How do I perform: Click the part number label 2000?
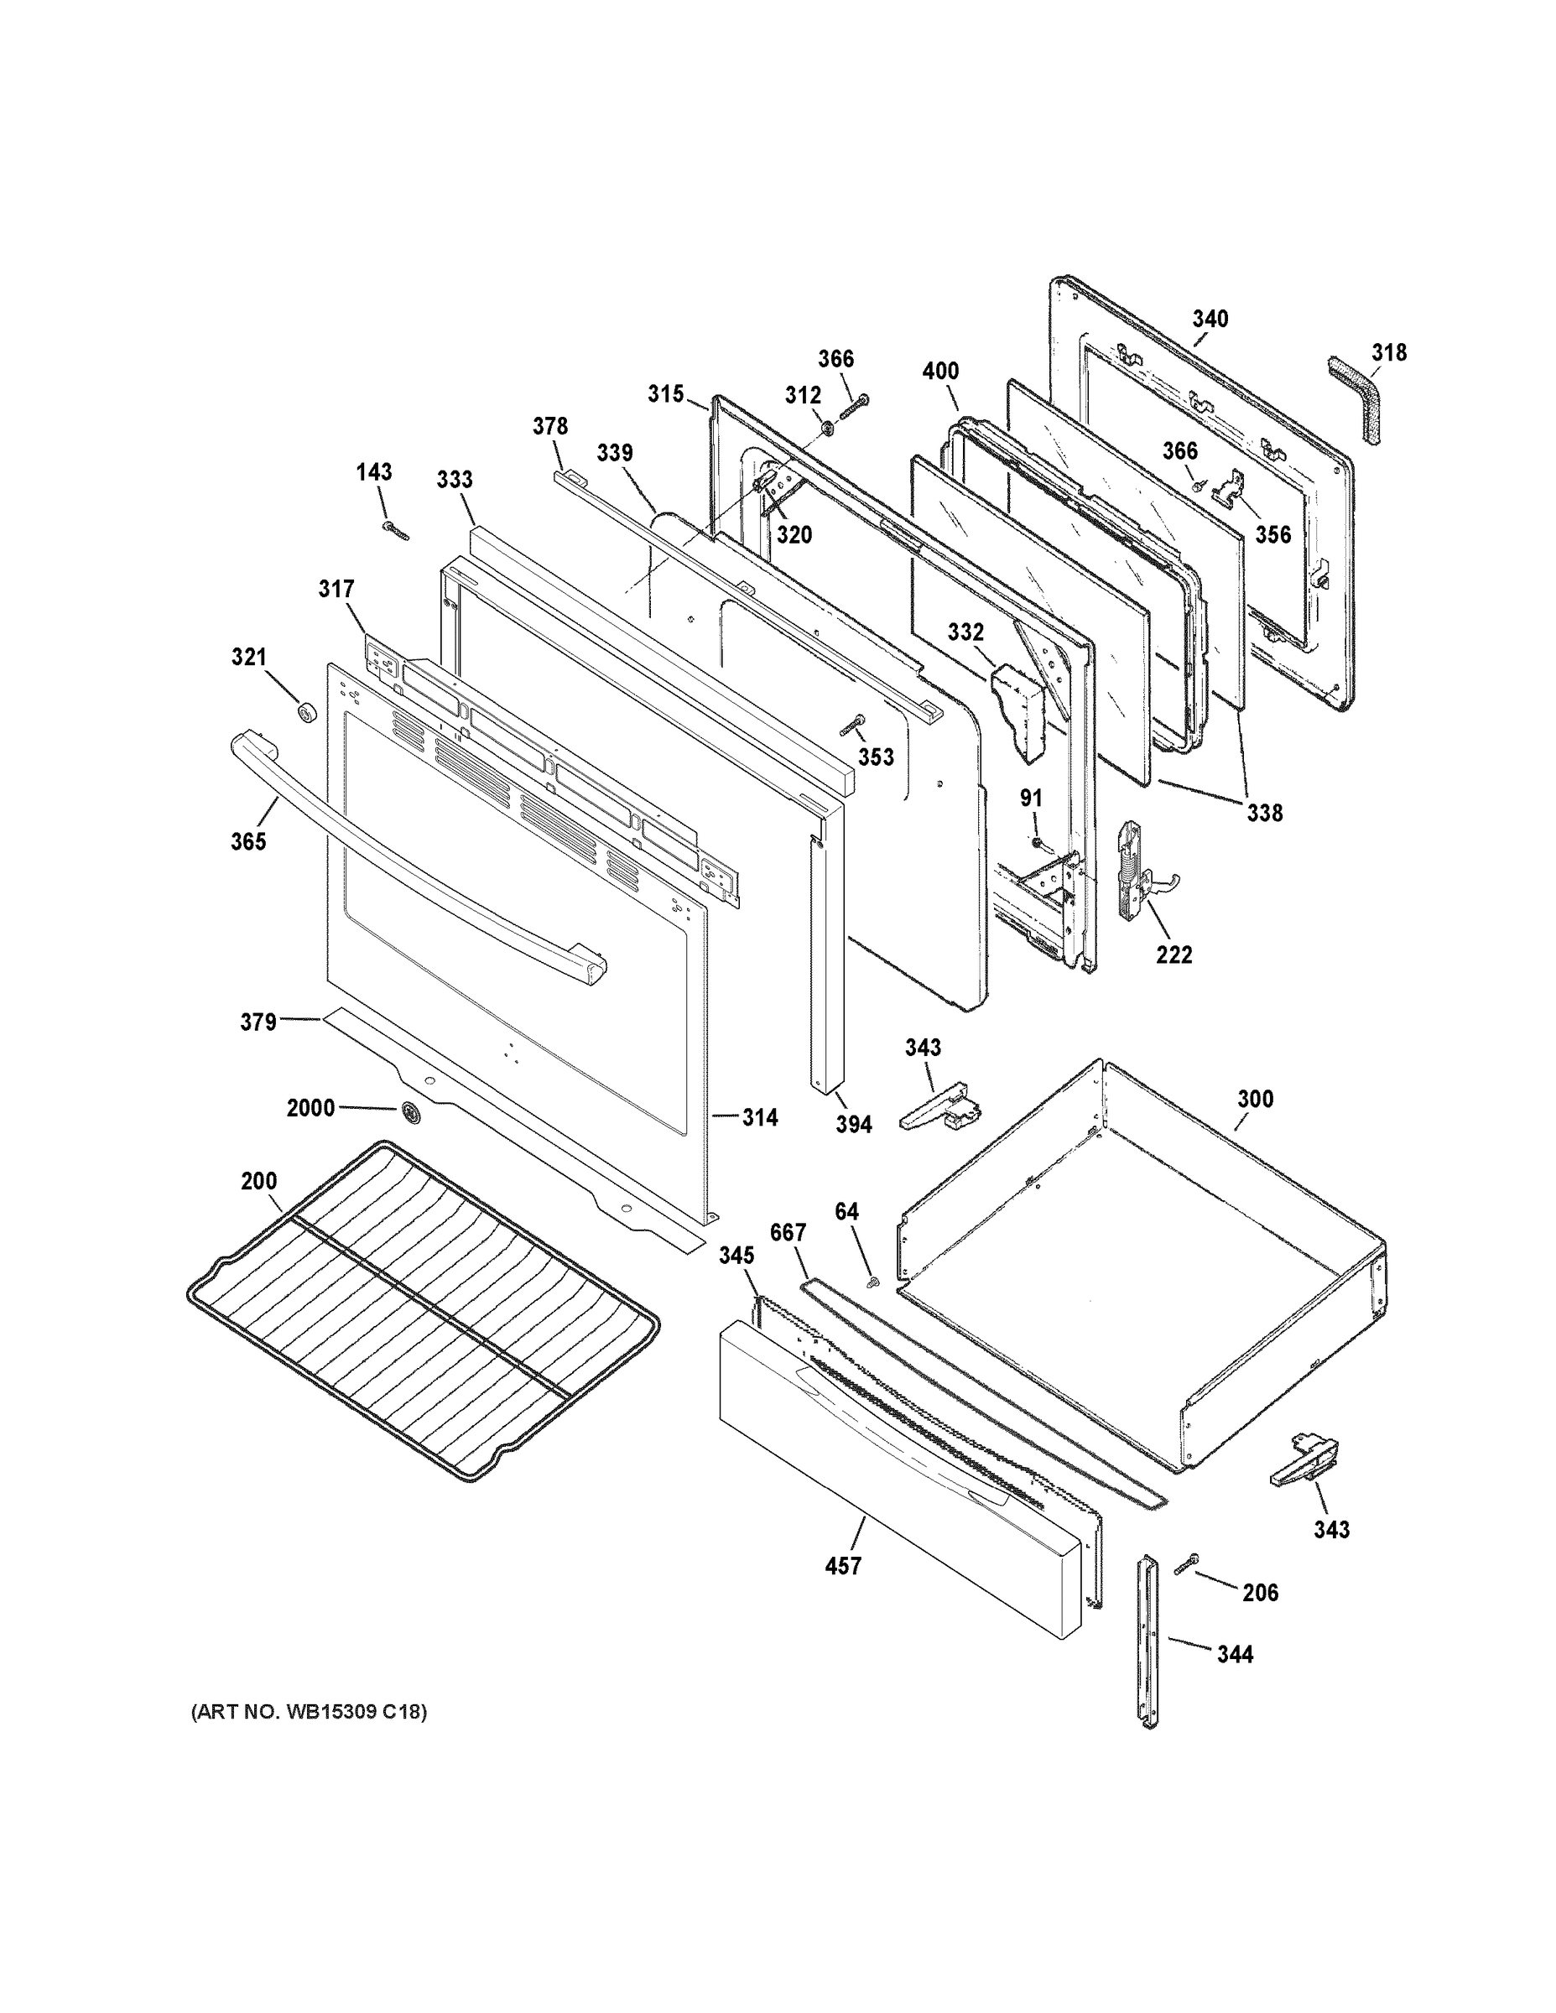pyautogui.click(x=310, y=1108)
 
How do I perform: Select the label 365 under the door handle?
pyautogui.click(x=248, y=840)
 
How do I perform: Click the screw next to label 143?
pyautogui.click(x=395, y=530)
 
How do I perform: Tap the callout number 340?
pyautogui.click(x=1210, y=319)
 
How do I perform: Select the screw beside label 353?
pyautogui.click(x=851, y=726)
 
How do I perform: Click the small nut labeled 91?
pyautogui.click(x=1037, y=841)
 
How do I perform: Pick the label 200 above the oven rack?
pyautogui.click(x=259, y=1181)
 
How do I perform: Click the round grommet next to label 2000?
pyautogui.click(x=409, y=1113)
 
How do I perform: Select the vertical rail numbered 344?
pyautogui.click(x=1148, y=1639)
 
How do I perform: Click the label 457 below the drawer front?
pyautogui.click(x=842, y=1565)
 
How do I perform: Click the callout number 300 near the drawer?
pyautogui.click(x=1255, y=1099)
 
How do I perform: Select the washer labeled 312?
pyautogui.click(x=827, y=427)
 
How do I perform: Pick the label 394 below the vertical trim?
pyautogui.click(x=854, y=1124)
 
